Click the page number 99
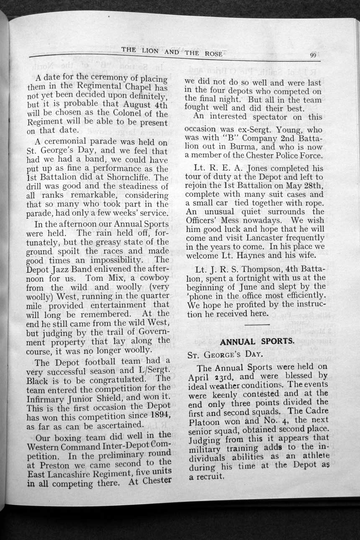coord(313,55)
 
